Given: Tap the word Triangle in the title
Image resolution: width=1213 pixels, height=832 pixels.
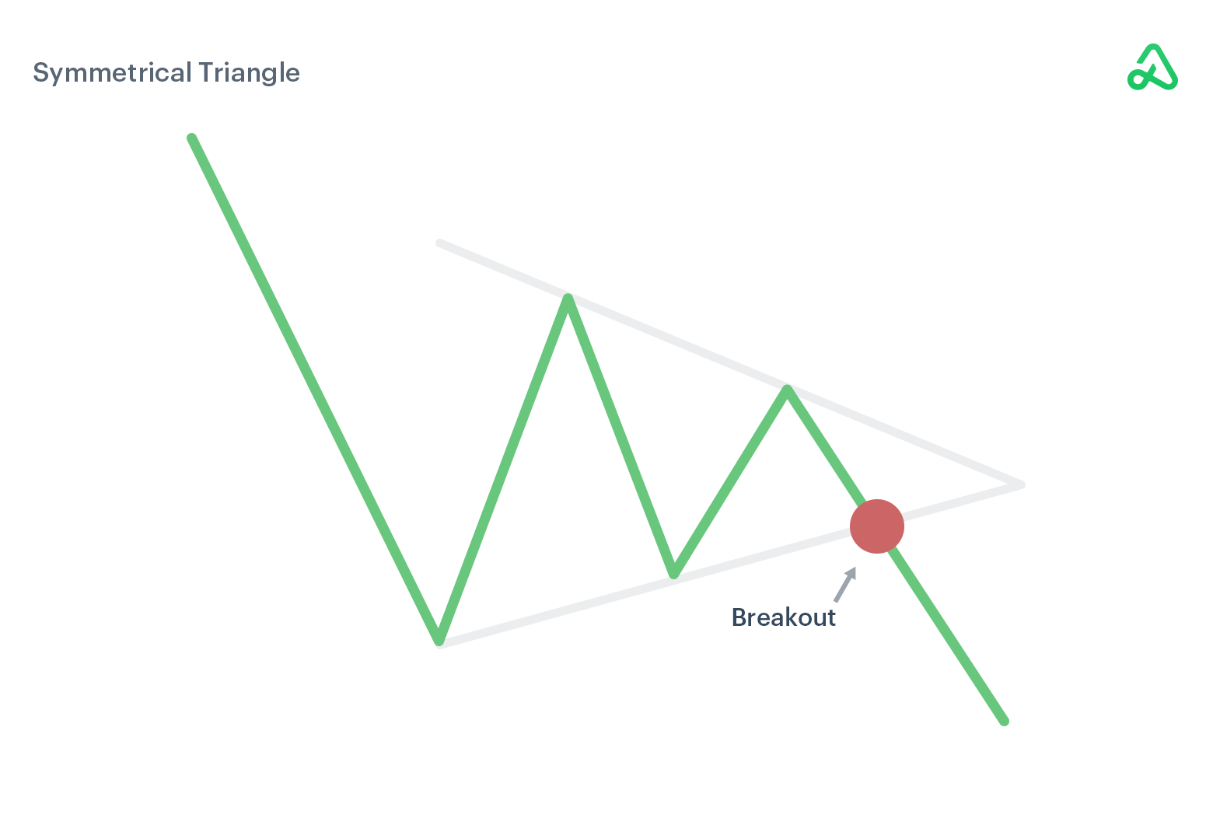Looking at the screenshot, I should [249, 73].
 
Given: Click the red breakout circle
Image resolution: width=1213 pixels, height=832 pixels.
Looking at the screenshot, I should [877, 526].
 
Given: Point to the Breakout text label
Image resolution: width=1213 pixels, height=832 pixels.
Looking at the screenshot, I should [784, 617].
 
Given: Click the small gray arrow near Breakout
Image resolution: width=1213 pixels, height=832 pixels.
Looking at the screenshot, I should [845, 585].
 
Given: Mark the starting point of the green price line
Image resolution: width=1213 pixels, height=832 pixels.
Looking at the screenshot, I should [191, 138].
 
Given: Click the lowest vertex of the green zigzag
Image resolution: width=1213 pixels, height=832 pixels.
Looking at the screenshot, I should [439, 640].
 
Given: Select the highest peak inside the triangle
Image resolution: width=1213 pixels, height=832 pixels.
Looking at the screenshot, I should [568, 299].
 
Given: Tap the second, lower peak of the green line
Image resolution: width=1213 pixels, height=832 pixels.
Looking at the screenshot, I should [787, 388].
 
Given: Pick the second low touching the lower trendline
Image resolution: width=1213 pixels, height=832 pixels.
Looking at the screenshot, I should [674, 575].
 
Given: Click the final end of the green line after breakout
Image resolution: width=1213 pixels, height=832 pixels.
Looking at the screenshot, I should [1004, 722].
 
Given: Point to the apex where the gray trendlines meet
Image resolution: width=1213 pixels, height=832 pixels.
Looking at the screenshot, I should [1021, 484].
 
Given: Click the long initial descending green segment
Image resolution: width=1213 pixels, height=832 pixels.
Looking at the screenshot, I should [315, 389].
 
